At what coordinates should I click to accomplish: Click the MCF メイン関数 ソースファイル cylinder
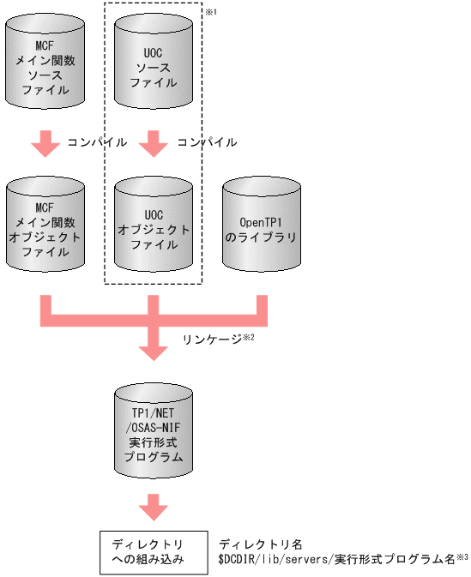(45, 64)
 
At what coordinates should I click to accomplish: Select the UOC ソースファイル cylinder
(153, 64)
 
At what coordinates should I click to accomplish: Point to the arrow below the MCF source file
(45, 143)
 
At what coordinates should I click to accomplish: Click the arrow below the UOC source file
(153, 143)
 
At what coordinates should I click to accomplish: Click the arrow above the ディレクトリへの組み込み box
(153, 507)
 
